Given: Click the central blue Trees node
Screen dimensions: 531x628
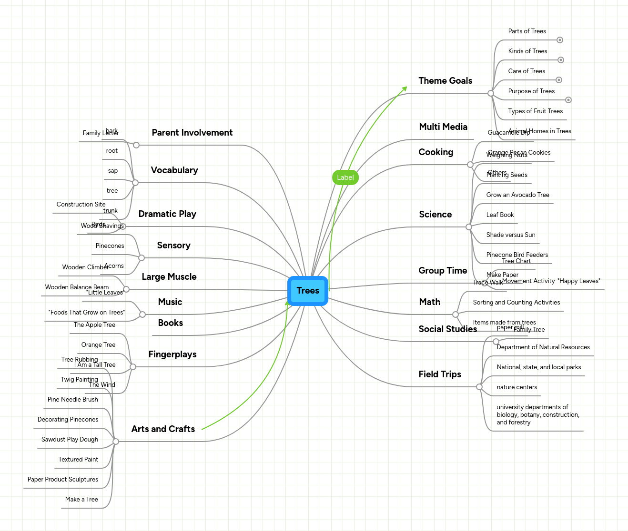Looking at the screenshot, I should coord(308,291).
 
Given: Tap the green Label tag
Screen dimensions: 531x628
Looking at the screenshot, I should coord(345,177).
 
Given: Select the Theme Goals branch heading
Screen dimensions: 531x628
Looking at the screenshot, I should coord(445,81).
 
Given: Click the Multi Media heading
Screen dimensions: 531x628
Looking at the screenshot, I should coord(443,127).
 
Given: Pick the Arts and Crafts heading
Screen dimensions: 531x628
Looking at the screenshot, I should coord(163,429).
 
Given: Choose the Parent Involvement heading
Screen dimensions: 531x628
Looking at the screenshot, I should coord(192,133).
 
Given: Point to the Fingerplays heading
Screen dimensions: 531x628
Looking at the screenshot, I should coord(172,354).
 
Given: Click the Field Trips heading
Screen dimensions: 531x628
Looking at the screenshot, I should coord(439,374).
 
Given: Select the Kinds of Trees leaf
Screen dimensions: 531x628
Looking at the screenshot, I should coord(527,51).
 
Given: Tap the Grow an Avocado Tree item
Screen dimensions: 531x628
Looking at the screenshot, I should coord(517,195).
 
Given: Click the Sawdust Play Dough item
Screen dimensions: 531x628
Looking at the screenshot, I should coord(70,440).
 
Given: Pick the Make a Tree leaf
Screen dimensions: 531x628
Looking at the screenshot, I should coord(81,500).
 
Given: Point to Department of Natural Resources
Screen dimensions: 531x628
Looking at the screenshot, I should coord(543,347).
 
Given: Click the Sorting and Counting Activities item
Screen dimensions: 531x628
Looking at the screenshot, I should coord(516,303).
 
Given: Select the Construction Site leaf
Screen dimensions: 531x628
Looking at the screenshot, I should coord(81,205).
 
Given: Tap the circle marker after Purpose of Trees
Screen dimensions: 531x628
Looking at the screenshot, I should coord(568,100).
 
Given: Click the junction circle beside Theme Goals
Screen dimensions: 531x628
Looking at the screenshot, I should coord(490,93).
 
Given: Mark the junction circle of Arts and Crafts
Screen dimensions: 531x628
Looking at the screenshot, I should coord(116,442).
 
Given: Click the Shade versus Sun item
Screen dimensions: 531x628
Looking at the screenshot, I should coord(510,235).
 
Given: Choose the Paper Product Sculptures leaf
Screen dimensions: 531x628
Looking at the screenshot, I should coord(63,480).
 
